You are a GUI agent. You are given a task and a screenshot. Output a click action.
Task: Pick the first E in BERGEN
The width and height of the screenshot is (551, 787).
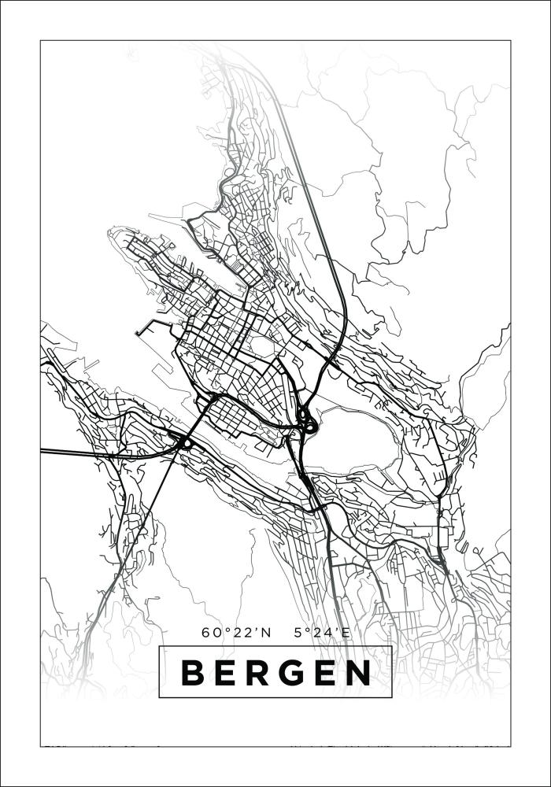[x=226, y=673]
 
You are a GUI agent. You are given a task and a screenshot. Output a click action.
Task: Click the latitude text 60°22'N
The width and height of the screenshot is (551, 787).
[x=235, y=632]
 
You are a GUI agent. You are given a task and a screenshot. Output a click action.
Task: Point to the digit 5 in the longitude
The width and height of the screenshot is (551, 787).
[x=297, y=632]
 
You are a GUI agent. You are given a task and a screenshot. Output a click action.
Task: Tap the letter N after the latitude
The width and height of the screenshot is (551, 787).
[x=264, y=632]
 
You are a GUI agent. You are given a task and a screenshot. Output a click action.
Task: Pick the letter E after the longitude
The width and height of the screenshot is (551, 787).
[x=340, y=632]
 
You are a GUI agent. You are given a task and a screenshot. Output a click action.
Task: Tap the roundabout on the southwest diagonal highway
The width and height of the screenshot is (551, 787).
[x=187, y=443]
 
